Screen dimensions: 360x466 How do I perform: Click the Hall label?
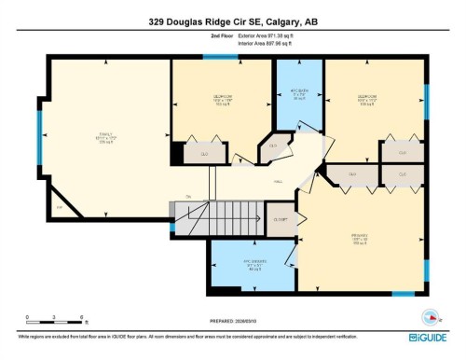point(278,181)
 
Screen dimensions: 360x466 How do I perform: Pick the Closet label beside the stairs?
point(281,219)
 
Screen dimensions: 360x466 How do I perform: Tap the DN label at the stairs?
point(187,197)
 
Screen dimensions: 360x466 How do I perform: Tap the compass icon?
point(430,314)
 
